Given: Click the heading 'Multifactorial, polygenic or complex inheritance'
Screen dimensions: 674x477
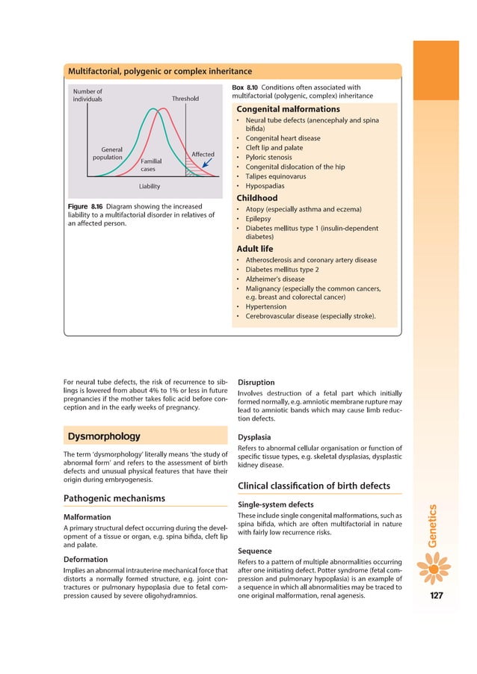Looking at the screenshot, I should click(x=160, y=72).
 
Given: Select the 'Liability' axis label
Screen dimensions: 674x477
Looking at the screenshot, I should click(x=150, y=186).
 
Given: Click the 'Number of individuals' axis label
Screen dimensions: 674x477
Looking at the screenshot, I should click(x=87, y=95).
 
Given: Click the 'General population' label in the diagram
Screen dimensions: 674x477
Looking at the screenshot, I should click(x=107, y=154).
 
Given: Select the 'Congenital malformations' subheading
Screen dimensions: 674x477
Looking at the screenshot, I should click(x=288, y=109).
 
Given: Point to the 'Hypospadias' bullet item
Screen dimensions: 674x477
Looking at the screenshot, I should click(x=265, y=186).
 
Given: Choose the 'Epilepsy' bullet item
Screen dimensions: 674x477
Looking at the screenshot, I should click(x=259, y=219).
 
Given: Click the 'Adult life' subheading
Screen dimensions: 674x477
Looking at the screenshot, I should click(x=255, y=248).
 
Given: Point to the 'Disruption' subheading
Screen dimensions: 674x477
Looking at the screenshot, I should click(x=256, y=381).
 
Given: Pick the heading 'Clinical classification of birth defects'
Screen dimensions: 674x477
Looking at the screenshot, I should click(x=313, y=486).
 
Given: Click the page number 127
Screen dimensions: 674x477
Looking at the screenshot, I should click(x=437, y=596).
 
